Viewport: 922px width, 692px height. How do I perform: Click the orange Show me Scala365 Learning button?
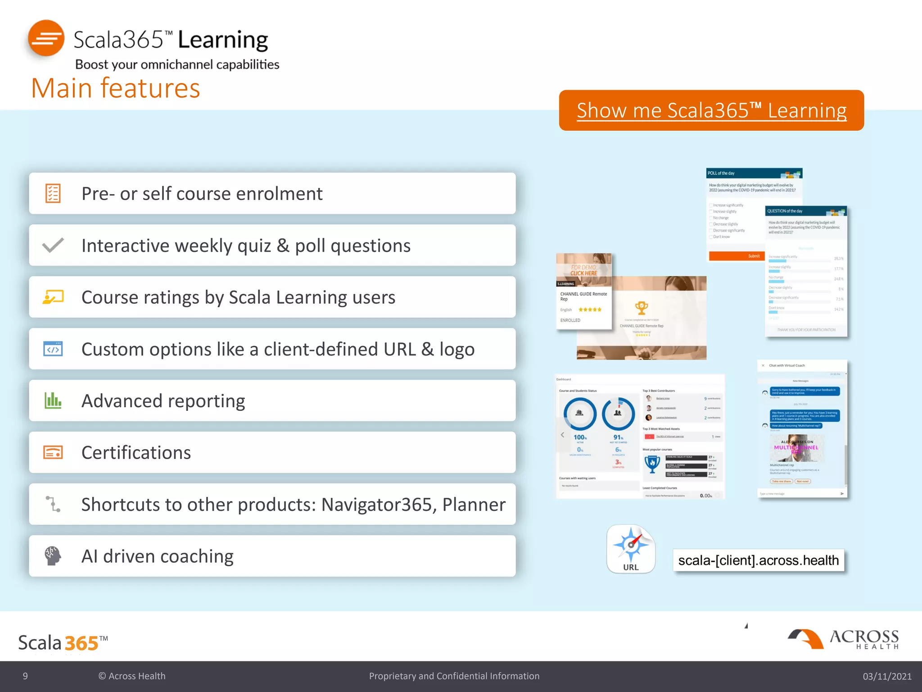click(x=711, y=110)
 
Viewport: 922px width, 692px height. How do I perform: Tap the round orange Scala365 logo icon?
click(x=46, y=38)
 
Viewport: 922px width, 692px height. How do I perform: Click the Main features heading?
click(x=116, y=88)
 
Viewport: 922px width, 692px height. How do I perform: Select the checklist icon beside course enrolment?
click(x=53, y=193)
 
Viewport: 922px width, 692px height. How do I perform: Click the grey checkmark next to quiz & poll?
click(x=53, y=246)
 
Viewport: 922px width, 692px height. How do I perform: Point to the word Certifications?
click(x=136, y=452)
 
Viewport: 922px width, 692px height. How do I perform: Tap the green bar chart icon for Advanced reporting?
click(x=53, y=401)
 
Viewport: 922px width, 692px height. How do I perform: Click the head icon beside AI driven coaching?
click(x=53, y=556)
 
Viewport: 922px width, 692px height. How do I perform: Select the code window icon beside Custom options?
click(x=53, y=349)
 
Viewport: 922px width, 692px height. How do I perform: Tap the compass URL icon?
click(x=631, y=548)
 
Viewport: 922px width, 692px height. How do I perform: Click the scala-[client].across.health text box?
click(x=758, y=560)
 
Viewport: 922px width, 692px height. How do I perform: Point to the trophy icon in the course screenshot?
click(x=642, y=308)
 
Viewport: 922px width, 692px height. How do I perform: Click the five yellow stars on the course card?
click(x=590, y=310)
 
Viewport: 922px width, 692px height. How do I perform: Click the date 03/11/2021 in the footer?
click(x=886, y=676)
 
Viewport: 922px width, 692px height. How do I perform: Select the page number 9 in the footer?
click(x=25, y=676)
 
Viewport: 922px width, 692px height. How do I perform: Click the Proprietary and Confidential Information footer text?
click(x=454, y=676)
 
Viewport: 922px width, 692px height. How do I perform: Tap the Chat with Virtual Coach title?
click(x=786, y=365)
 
